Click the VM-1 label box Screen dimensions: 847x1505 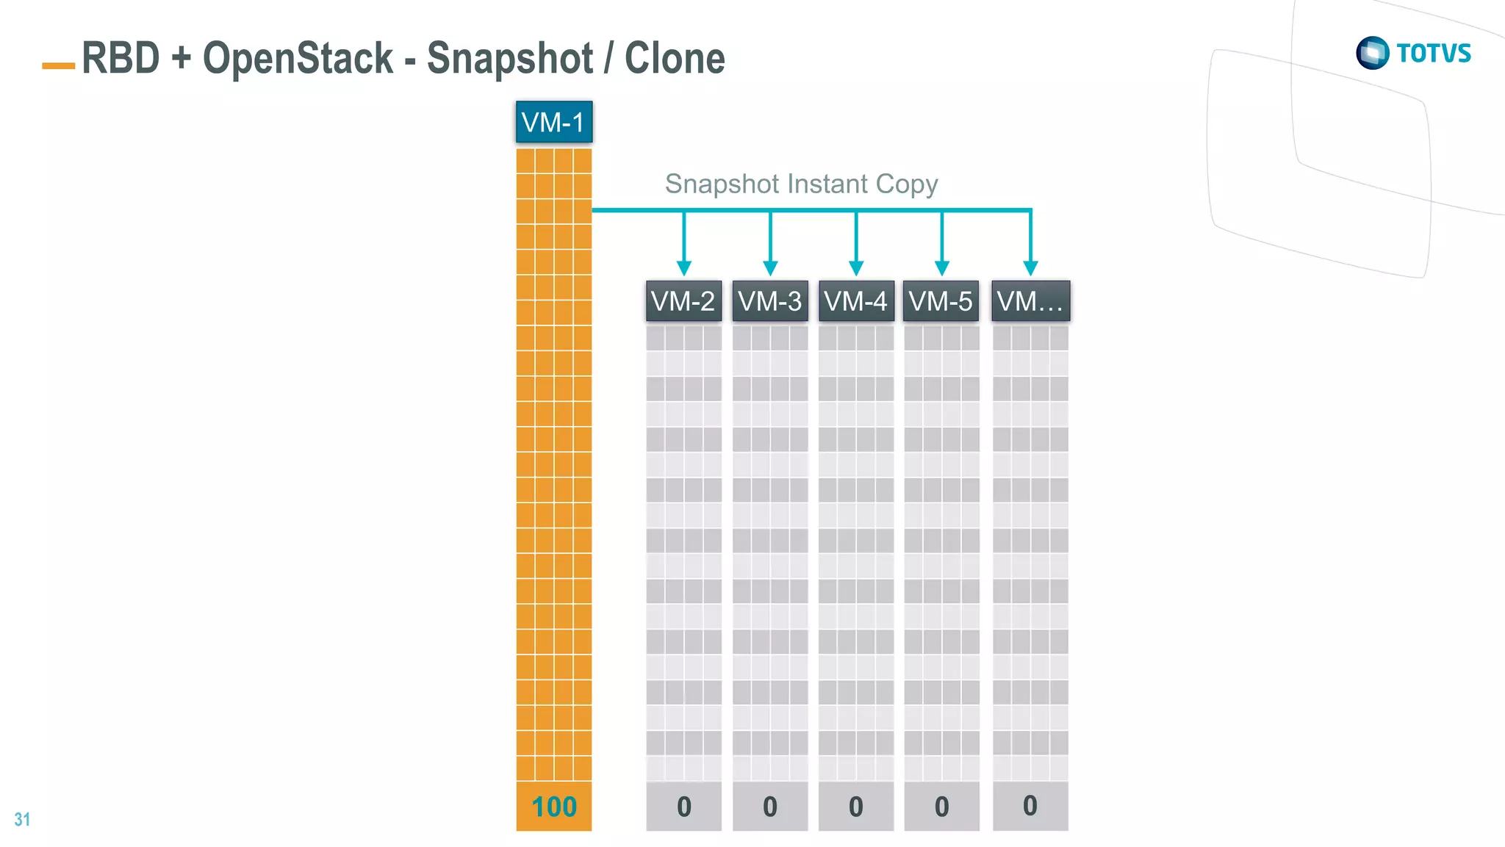553,122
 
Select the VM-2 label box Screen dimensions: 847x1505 683,301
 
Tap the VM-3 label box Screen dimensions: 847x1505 769,301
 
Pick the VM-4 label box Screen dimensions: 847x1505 855,301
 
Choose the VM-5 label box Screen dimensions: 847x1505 941,301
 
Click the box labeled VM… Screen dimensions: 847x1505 1030,301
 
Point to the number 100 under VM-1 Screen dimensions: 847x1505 554,807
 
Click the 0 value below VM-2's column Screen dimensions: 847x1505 683,807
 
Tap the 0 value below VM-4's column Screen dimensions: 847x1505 855,807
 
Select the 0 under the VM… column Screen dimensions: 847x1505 1030,806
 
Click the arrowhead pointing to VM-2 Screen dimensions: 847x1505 684,267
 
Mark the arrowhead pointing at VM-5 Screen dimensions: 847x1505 942,267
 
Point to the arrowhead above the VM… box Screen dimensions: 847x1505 1030,267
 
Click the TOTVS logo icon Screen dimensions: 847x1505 1372,53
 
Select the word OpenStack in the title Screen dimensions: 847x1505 298,58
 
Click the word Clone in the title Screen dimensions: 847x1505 675,58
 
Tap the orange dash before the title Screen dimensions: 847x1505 59,66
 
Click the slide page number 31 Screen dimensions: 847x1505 22,819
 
